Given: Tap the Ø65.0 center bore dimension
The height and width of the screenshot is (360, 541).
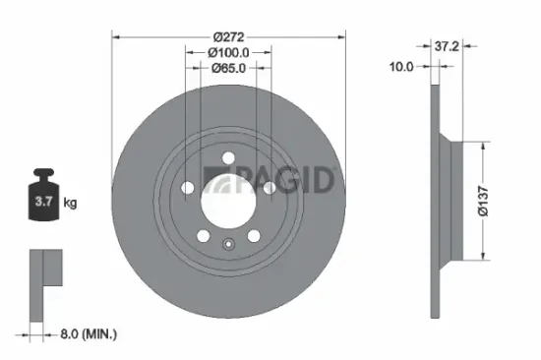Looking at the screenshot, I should (x=228, y=68).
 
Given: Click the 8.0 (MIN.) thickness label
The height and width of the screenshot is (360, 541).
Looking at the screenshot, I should (x=87, y=335).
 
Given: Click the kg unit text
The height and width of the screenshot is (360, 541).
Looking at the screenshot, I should (x=70, y=204).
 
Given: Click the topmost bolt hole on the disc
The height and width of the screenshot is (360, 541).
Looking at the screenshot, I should (x=228, y=158).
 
